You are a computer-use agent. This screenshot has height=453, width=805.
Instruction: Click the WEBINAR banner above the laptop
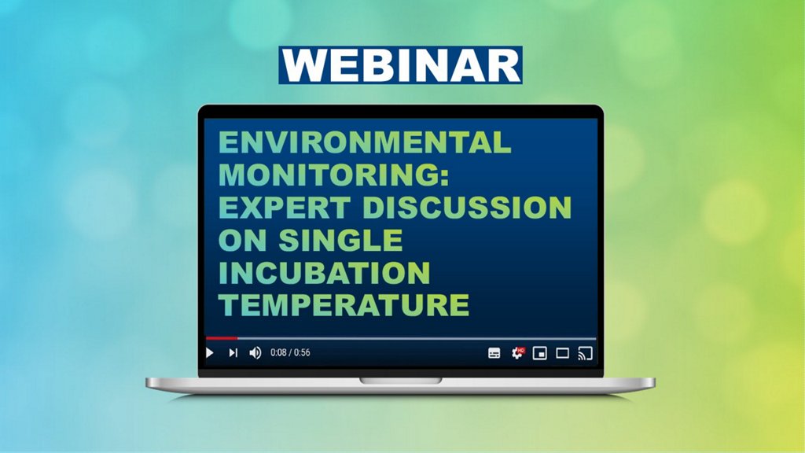point(400,65)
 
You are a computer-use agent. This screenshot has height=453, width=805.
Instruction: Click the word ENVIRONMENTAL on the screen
point(365,142)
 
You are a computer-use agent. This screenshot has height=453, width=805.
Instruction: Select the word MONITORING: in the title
point(334,175)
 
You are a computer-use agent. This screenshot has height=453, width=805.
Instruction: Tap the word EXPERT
point(285,208)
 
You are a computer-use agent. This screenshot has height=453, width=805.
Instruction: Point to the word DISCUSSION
point(467,208)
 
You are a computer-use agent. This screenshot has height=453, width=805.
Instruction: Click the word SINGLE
point(341,240)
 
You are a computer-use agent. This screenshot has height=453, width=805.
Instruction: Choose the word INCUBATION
point(325,273)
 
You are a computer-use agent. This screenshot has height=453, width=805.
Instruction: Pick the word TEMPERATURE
point(344,305)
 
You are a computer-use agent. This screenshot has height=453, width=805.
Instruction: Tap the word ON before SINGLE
point(243,240)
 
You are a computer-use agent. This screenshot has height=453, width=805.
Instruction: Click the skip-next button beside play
point(233,353)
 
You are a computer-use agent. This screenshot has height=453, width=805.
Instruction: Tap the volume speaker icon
point(255,353)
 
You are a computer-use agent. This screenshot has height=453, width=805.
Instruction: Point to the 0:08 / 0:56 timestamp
point(290,352)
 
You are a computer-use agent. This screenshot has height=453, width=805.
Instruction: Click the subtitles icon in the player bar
point(494,353)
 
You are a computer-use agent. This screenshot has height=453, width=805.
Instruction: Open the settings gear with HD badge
point(518,353)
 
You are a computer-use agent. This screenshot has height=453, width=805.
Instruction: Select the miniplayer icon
point(539,353)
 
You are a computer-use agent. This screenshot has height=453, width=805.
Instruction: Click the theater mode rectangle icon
point(563,353)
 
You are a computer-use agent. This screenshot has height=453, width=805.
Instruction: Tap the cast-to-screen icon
point(585,353)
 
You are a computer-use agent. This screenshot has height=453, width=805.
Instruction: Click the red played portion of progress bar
point(221,338)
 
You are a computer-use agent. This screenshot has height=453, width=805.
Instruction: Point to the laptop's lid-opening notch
point(400,381)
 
